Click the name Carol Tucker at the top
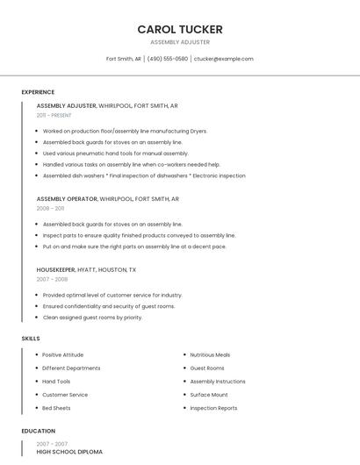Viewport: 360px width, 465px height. coord(180,29)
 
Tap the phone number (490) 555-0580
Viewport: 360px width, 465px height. coord(168,59)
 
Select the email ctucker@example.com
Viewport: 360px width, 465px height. coord(223,59)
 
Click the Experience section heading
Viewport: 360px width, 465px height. coord(38,92)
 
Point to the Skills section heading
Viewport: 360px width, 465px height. coord(31,338)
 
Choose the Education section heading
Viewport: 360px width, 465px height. coord(38,431)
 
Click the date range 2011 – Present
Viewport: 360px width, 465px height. coord(54,115)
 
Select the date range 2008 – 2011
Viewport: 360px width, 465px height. coord(50,208)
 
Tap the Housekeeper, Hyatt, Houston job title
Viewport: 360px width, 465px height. coord(86,269)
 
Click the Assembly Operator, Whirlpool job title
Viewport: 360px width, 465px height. coord(107,198)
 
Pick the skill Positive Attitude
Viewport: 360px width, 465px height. coord(63,354)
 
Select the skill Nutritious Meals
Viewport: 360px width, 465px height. coord(210,354)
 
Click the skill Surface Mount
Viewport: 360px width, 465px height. coord(209,395)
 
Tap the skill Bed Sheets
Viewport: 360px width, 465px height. coord(56,408)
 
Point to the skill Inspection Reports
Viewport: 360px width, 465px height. coord(213,408)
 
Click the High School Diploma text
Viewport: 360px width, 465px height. coord(69,452)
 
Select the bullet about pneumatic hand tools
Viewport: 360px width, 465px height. coord(115,153)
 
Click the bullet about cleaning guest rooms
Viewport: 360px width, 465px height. coord(92,318)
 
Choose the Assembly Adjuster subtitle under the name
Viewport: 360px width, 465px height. coord(180,41)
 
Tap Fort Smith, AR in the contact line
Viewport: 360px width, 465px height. coord(124,59)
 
